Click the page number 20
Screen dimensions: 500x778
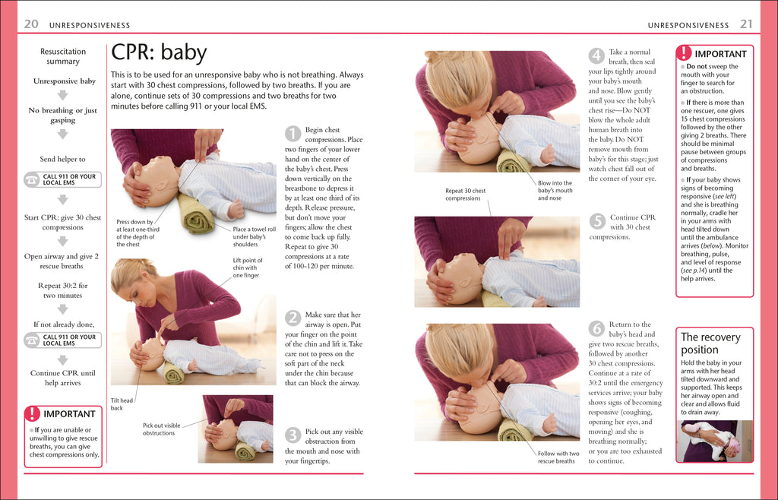click(x=31, y=24)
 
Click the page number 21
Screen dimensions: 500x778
click(x=746, y=24)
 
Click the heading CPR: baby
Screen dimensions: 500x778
click(x=159, y=53)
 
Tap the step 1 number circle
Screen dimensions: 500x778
click(x=293, y=134)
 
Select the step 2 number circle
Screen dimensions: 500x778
click(x=293, y=318)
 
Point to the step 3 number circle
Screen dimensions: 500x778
click(x=293, y=435)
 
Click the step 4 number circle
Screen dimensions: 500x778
click(x=597, y=56)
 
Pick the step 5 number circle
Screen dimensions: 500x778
click(x=597, y=221)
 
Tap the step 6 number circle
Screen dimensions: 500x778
click(x=597, y=328)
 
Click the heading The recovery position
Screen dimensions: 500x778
click(x=710, y=343)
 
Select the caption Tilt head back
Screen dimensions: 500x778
click(x=122, y=404)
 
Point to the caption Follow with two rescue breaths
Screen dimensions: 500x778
click(x=557, y=457)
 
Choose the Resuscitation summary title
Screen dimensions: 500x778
click(x=63, y=56)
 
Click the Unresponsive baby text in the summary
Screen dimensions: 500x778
click(x=64, y=81)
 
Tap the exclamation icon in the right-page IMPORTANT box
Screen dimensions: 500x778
click(x=684, y=53)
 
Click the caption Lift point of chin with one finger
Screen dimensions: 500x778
click(x=246, y=267)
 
